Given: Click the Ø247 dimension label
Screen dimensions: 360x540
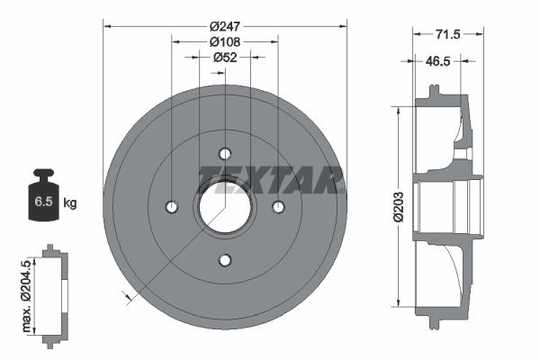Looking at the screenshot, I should (223, 27).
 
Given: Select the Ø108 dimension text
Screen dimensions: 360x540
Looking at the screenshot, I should (223, 42).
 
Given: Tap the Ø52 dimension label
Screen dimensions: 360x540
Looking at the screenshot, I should (224, 58).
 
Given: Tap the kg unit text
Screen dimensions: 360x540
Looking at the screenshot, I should (70, 202).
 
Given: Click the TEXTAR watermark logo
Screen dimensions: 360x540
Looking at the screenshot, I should (271, 179).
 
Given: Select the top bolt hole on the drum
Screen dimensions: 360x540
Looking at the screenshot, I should (225, 153).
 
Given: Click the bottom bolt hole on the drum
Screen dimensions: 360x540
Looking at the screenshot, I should (225, 260).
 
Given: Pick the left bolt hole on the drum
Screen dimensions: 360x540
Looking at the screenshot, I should (172, 207).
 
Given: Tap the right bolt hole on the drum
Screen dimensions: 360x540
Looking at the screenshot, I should (278, 207).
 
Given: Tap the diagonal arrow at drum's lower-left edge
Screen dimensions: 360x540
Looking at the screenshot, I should (126, 294).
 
